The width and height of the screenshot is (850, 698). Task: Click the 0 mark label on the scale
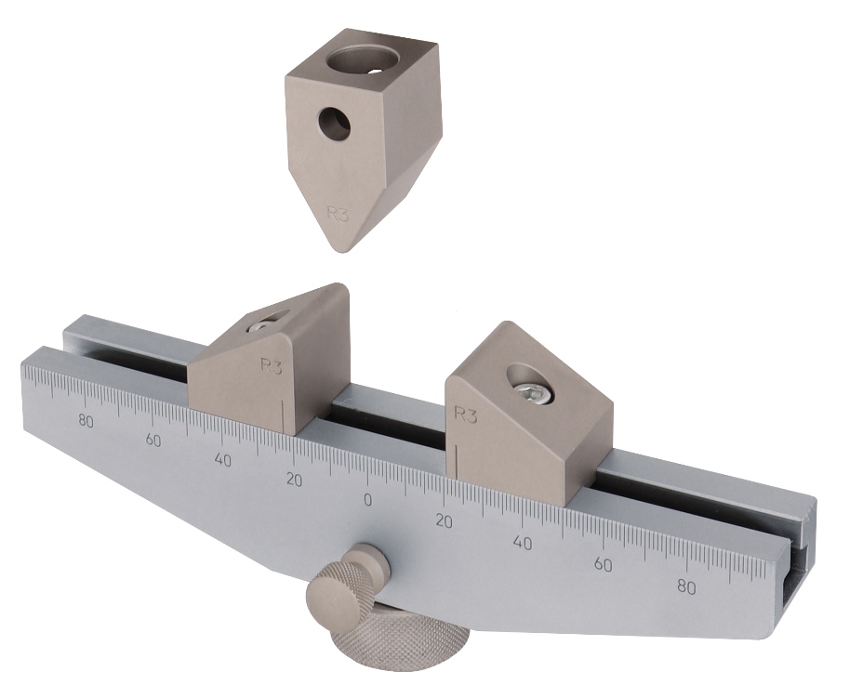368,500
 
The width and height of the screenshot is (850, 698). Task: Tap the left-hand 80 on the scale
86,420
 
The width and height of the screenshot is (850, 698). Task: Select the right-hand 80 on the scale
687,587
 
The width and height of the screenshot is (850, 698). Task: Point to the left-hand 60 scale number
153,441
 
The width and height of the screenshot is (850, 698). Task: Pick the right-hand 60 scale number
603,565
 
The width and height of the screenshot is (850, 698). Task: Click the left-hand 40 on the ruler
223,460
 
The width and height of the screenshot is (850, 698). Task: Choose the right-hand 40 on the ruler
522,543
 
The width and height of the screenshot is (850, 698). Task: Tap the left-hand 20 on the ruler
294,480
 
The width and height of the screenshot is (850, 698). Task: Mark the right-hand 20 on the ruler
444,521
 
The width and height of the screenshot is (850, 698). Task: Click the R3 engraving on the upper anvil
338,214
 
